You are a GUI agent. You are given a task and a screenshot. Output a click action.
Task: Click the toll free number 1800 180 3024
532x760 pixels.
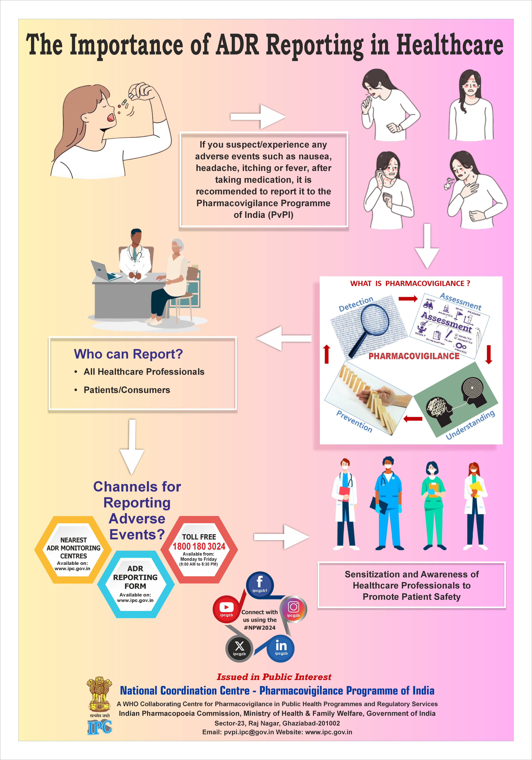click(199, 546)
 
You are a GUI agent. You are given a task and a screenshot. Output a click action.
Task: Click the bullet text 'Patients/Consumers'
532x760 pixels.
click(127, 390)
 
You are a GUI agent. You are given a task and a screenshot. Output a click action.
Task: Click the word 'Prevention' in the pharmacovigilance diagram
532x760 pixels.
click(354, 421)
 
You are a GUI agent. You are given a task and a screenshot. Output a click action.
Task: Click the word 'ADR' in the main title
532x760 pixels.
click(237, 45)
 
